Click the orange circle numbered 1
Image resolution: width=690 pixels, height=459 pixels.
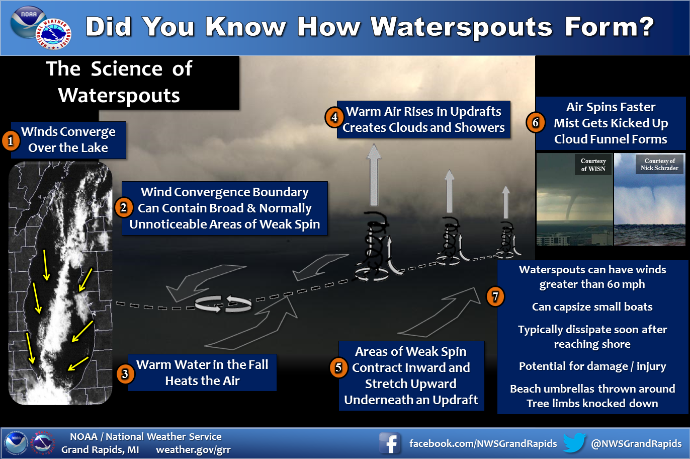11,141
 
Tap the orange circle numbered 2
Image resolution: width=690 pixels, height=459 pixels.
124,208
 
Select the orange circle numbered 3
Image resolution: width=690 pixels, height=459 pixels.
125,374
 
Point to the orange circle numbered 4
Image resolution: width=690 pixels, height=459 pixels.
334,117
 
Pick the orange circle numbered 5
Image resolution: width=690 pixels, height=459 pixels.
339,367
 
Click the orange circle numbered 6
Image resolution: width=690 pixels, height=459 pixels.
536,123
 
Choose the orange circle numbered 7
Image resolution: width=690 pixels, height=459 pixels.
495,296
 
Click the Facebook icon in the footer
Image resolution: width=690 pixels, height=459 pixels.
390,443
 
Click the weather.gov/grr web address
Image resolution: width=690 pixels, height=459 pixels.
194,450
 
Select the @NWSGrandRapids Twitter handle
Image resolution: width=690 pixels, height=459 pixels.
636,443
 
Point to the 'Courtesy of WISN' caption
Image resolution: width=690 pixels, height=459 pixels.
593,165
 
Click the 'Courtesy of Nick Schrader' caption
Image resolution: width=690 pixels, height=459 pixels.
659,165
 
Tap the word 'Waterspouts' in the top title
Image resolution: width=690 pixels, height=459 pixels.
462,27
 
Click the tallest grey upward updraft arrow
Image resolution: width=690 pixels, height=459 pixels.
374,175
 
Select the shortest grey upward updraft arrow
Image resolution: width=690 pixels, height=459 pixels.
506,202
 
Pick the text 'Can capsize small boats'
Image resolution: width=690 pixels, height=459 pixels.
592,307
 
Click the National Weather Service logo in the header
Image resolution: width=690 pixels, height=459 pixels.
54,34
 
